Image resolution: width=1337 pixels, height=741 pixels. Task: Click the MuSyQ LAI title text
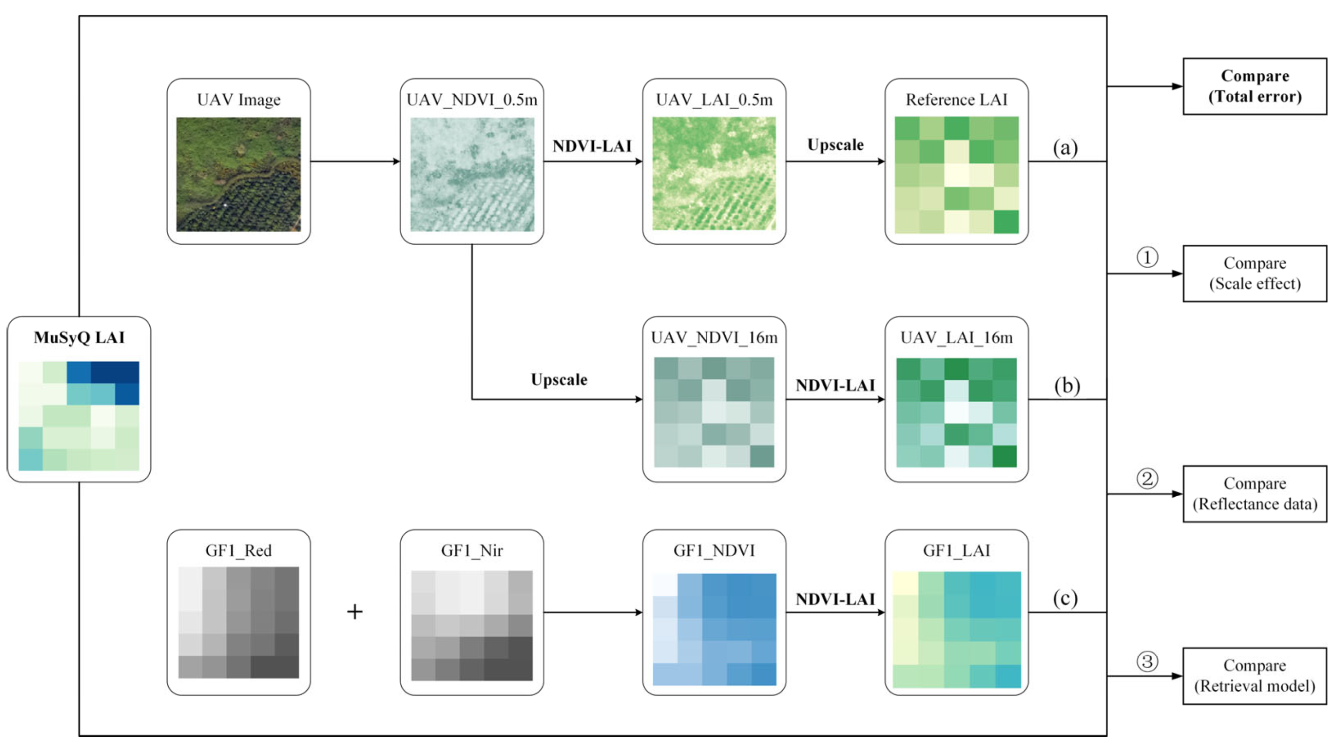click(x=79, y=337)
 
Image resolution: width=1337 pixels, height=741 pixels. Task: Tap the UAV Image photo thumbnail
click(x=238, y=174)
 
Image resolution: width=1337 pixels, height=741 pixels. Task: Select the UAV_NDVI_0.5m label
click(x=471, y=100)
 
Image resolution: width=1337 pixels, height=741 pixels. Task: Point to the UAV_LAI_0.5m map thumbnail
click(x=714, y=173)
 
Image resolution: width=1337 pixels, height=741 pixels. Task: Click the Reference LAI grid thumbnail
click(x=956, y=175)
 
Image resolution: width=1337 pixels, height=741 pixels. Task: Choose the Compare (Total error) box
click(x=1255, y=86)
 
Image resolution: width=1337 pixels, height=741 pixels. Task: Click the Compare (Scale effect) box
click(x=1255, y=274)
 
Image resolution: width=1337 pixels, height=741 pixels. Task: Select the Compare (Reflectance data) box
click(x=1255, y=494)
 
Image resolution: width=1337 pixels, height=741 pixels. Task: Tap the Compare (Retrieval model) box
click(x=1255, y=676)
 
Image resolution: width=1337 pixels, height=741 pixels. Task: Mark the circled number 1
click(x=1147, y=257)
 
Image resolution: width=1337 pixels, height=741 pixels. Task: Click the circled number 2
click(x=1147, y=478)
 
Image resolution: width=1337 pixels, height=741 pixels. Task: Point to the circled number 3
click(x=1147, y=662)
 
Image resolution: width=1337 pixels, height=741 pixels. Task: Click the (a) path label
click(x=1065, y=148)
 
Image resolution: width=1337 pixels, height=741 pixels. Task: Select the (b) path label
click(x=1067, y=386)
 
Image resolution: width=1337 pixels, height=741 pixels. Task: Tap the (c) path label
click(x=1065, y=599)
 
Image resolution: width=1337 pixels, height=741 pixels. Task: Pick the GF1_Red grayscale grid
click(x=238, y=622)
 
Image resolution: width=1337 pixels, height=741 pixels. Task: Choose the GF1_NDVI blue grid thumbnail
click(x=714, y=629)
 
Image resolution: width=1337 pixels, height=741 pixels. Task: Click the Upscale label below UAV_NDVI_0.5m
click(x=558, y=380)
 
